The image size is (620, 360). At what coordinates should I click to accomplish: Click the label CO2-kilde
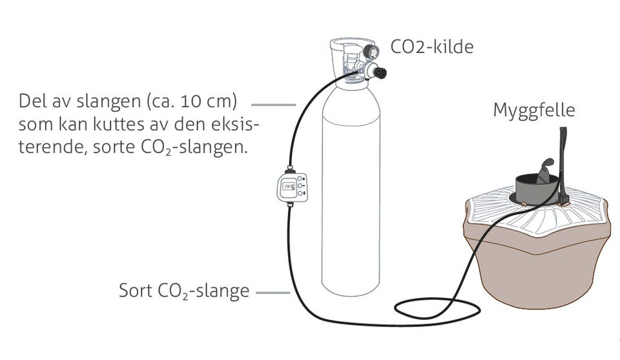point(432,47)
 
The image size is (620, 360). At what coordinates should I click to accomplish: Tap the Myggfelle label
point(534,111)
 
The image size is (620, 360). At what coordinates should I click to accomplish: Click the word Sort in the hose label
point(136,290)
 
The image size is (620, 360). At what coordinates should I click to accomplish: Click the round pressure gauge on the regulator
point(371,52)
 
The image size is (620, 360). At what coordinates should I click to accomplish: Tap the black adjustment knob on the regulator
point(380,73)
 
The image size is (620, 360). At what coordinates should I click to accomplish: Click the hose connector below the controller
point(290,204)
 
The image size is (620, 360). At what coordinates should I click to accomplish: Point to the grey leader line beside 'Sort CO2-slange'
point(273,293)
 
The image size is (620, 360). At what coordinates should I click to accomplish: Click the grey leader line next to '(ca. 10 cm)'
point(274,105)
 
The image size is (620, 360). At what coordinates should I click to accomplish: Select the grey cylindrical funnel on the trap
point(537,190)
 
